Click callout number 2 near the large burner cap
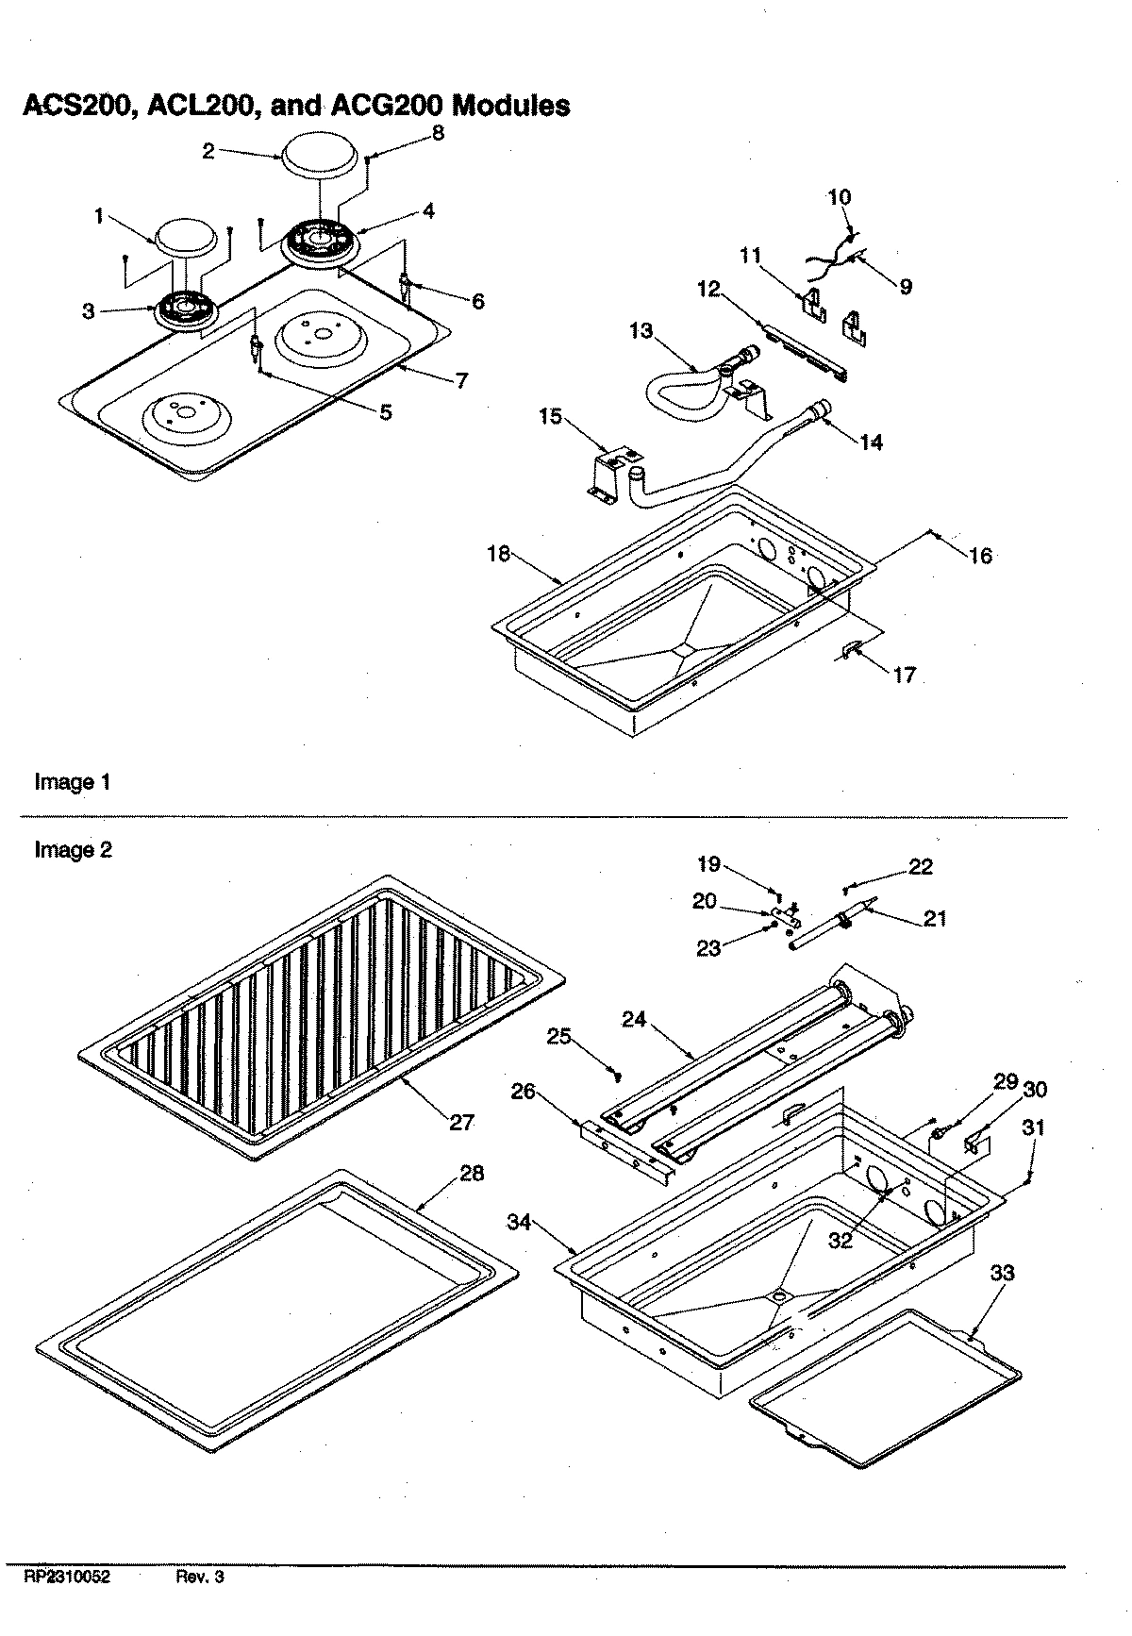click(208, 150)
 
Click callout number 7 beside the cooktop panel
click(460, 380)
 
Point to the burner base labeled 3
click(185, 308)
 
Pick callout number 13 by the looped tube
click(641, 330)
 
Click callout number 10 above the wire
click(839, 197)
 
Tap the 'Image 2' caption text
click(73, 850)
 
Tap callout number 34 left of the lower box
click(518, 1223)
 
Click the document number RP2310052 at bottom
click(67, 1577)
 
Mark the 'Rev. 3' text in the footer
click(200, 1577)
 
